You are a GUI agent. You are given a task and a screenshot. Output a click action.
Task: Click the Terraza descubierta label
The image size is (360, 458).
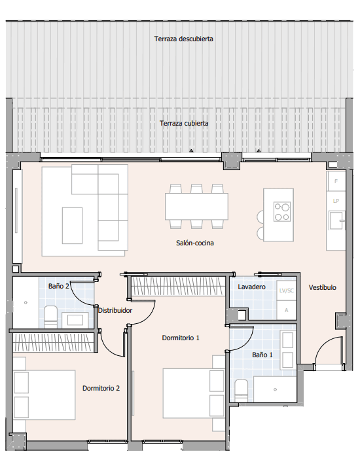[184, 39]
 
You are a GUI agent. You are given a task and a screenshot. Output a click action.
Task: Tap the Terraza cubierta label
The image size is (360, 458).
[184, 123]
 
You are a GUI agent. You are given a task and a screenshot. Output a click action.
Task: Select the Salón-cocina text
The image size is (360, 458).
[195, 243]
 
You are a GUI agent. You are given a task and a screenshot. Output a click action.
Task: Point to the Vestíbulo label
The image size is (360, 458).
[322, 287]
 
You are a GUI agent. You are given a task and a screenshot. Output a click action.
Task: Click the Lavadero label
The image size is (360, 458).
[251, 287]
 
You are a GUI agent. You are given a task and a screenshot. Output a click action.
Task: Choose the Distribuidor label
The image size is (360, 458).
[115, 310]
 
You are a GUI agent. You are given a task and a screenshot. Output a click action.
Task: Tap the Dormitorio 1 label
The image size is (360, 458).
[181, 338]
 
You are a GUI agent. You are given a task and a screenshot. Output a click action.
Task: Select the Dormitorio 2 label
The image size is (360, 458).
[101, 388]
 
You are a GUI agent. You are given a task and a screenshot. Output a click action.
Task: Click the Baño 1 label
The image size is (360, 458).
[262, 355]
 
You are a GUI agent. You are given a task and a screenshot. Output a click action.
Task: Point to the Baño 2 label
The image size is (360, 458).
[58, 286]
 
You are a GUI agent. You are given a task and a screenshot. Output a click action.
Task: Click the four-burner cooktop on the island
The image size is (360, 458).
[282, 211]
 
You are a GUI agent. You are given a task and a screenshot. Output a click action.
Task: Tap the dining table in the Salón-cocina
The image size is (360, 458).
[196, 206]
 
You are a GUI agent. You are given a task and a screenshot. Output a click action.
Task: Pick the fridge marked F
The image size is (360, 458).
[336, 181]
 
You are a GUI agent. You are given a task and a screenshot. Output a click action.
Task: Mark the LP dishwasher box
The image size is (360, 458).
[336, 201]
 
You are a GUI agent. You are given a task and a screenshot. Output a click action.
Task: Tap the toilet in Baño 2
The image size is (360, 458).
[50, 316]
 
